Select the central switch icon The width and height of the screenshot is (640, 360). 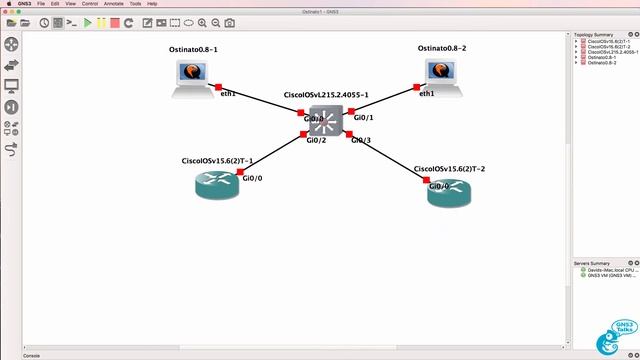tap(324, 122)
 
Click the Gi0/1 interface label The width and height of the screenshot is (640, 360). tap(363, 118)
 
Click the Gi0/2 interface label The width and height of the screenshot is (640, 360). tap(316, 140)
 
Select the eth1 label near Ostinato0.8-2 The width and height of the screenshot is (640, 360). tap(427, 93)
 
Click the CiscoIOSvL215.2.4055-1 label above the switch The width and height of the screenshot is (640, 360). tap(326, 95)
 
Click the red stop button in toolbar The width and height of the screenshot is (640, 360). tap(115, 22)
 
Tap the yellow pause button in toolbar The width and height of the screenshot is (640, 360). tap(101, 22)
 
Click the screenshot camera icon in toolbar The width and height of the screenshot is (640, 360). tap(230, 22)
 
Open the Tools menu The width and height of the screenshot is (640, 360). tap(134, 4)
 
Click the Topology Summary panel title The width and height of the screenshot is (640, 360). tap(594, 35)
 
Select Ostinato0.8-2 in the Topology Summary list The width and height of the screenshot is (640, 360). tap(602, 63)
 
